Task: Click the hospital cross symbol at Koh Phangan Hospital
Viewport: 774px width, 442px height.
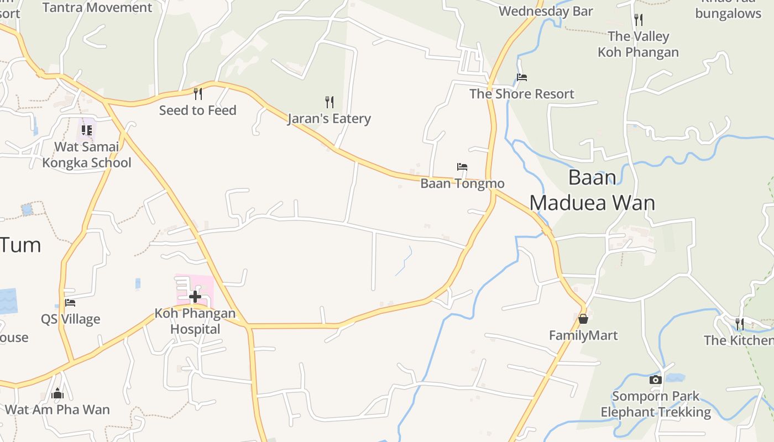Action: point(195,297)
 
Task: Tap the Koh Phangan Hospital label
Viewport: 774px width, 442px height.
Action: point(195,321)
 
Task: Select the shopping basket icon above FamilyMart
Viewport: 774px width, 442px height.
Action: point(583,319)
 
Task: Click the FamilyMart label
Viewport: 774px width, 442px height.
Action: point(583,335)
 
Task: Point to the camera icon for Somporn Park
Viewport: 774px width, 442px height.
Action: point(655,380)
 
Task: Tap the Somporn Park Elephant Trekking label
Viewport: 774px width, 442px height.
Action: point(656,404)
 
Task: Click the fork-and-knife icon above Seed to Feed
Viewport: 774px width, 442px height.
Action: point(197,93)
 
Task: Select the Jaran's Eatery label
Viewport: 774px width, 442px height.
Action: point(329,119)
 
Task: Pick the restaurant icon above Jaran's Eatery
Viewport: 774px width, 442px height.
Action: point(329,102)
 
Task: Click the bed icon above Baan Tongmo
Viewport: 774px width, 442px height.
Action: point(462,166)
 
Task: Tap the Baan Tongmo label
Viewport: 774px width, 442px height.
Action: point(462,183)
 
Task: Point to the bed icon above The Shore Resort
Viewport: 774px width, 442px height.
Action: point(521,77)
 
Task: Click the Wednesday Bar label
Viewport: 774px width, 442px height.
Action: point(545,11)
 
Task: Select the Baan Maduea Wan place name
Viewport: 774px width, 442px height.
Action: point(592,190)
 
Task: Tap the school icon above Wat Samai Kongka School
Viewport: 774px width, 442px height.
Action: point(87,130)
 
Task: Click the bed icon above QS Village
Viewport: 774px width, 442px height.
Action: point(70,302)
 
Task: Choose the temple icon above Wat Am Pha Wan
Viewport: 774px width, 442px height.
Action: point(57,393)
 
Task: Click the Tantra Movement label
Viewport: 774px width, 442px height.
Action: point(97,7)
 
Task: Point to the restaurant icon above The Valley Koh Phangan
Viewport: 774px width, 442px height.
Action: point(639,20)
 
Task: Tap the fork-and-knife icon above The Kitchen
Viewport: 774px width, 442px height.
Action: point(739,324)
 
